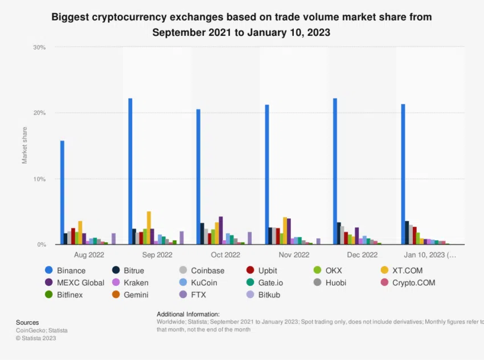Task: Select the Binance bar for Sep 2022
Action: [x=130, y=171]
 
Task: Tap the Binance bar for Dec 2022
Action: [x=335, y=171]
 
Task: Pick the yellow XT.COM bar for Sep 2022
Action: [x=149, y=228]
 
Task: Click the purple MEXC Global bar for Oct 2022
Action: [x=221, y=230]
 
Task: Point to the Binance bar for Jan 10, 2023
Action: [x=403, y=174]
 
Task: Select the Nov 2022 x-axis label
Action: [x=293, y=255]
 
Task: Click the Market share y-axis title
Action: [x=24, y=146]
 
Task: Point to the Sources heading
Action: [x=27, y=322]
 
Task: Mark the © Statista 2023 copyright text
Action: [x=36, y=338]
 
